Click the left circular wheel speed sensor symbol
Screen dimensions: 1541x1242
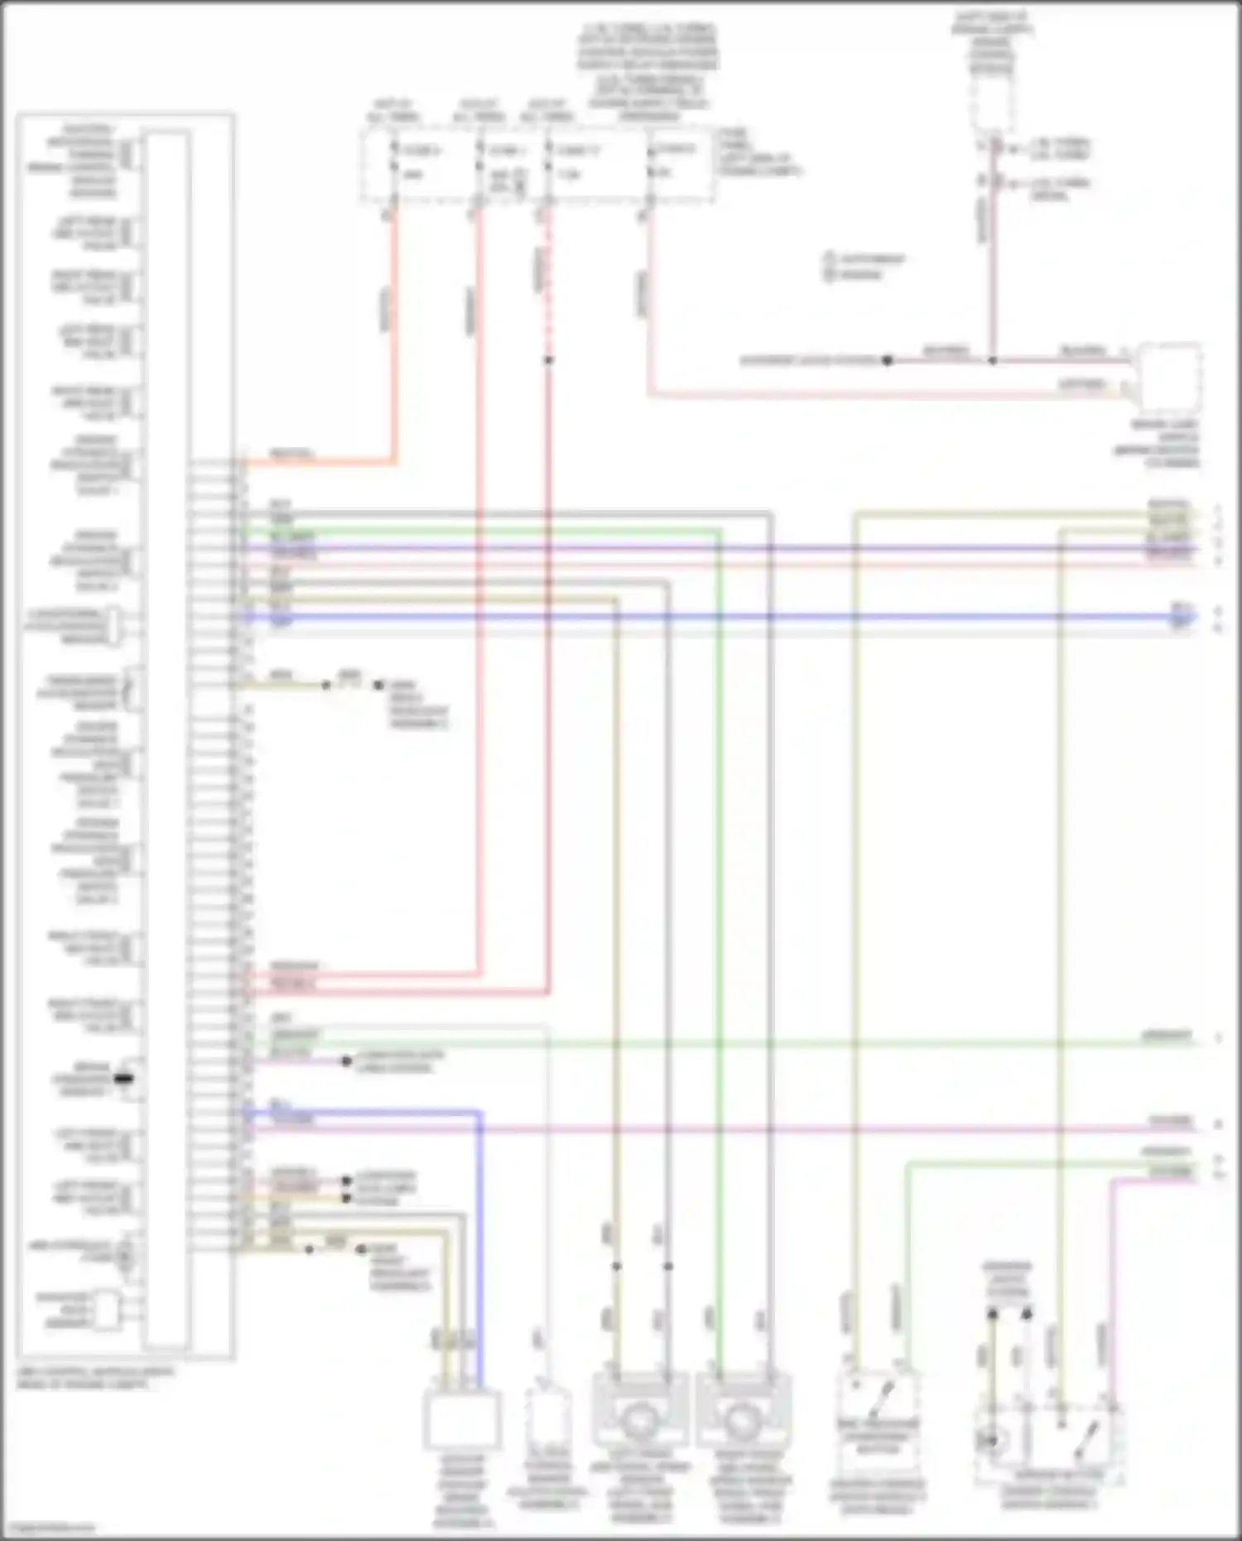[639, 1421]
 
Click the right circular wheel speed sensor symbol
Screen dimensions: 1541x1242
[742, 1421]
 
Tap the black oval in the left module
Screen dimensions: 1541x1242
[123, 1079]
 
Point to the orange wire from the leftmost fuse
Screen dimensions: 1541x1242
[394, 331]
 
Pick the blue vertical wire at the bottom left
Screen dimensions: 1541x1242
[479, 1242]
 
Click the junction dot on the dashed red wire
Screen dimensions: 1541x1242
[548, 360]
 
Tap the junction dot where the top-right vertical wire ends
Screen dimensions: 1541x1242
[992, 360]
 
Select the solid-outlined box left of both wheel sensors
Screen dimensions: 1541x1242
[462, 1419]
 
